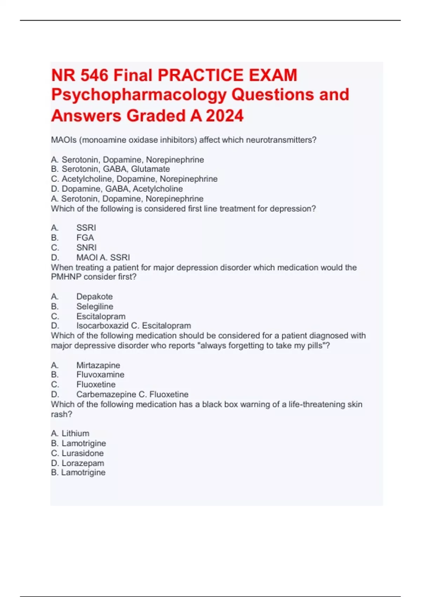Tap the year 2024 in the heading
tap(225, 116)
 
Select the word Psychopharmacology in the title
tap(139, 95)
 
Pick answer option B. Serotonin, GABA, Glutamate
tap(111, 169)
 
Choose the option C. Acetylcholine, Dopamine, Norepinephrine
tap(134, 179)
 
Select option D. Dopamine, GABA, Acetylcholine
tap(117, 189)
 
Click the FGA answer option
tap(85, 237)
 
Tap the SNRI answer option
tap(86, 247)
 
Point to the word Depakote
tap(94, 296)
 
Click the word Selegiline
tap(95, 306)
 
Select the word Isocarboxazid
tap(102, 326)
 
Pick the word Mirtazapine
tap(98, 365)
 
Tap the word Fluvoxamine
tap(100, 374)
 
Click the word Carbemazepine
tap(106, 394)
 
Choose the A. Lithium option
tap(70, 433)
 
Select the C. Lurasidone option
tap(77, 453)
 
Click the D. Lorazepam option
tap(78, 463)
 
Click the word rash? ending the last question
tap(61, 414)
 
